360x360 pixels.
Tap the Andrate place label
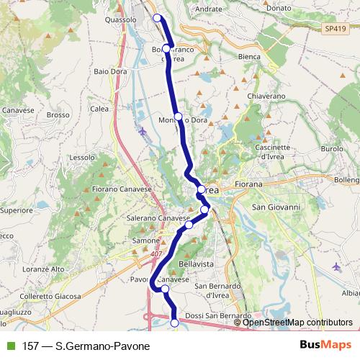[x=209, y=9]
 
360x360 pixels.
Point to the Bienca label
[x=248, y=56]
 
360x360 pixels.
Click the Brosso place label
[x=58, y=114]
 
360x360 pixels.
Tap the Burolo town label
[x=332, y=148]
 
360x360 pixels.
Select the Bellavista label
[x=197, y=265]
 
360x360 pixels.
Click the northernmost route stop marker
[x=158, y=18]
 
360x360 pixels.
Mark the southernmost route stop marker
[x=175, y=323]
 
